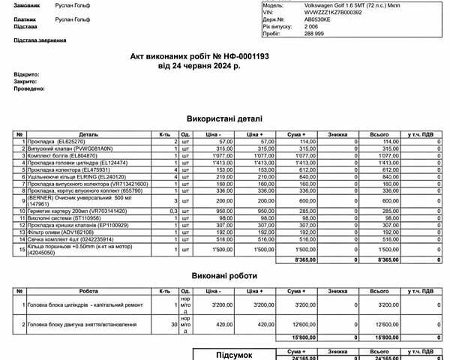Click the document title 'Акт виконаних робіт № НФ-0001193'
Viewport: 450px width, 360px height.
click(x=225, y=56)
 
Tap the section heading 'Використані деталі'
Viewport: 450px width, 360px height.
click(x=225, y=118)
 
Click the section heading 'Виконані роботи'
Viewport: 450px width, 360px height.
click(x=225, y=274)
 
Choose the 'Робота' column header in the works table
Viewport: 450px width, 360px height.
click(x=88, y=290)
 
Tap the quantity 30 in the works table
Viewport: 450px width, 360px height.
click(x=173, y=325)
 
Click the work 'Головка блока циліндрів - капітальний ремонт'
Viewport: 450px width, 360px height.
click(x=88, y=305)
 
